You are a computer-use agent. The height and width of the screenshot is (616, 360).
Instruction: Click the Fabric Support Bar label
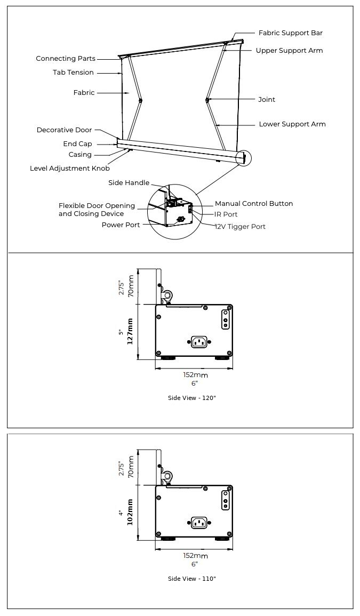290,33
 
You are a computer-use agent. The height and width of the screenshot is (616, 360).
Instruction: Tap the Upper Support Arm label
289,51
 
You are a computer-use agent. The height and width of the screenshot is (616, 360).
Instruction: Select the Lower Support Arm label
292,124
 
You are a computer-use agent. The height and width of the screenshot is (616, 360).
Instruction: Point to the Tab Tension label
73,73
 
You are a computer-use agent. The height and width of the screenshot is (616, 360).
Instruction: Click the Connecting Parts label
66,59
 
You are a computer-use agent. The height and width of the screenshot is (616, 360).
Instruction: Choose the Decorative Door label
64,130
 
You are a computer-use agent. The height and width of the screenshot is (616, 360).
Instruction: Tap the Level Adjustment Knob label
70,169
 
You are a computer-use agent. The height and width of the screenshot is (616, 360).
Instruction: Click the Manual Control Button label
254,204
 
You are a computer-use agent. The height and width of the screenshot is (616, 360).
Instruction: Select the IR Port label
226,214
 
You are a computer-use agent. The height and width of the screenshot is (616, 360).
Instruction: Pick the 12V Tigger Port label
240,227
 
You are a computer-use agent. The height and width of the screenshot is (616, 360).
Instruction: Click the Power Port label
121,225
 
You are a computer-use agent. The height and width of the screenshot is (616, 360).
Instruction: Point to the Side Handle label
129,183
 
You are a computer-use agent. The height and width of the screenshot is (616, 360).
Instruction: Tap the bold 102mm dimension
130,512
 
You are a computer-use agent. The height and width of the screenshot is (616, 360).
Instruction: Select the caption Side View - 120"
192,398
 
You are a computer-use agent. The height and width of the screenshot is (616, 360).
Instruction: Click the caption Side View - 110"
192,579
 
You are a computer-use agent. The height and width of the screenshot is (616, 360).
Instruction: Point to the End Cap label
77,144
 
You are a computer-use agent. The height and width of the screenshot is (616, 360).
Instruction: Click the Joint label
267,100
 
